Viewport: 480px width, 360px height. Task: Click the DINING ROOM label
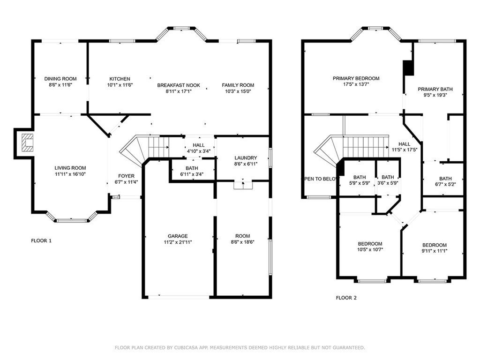(x=60, y=79)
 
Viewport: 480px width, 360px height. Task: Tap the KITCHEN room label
(x=120, y=79)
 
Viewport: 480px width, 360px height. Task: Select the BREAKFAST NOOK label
(x=179, y=85)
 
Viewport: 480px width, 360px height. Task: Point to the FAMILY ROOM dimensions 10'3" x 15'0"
(x=238, y=91)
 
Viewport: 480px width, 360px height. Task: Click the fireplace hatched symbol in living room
(x=27, y=142)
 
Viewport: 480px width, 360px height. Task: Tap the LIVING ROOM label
(x=70, y=168)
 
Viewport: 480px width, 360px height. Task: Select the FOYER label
(x=126, y=176)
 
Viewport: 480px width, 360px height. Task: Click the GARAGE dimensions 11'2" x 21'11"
(x=178, y=242)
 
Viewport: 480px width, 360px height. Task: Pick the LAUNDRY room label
(x=246, y=158)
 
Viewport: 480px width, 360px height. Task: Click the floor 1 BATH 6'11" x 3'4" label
(x=192, y=171)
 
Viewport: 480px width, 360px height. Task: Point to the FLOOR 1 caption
(x=41, y=240)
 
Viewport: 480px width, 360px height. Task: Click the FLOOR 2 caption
(x=346, y=298)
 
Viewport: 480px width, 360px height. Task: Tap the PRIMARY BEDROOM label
(x=356, y=78)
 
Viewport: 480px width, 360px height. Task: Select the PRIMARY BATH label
(x=435, y=89)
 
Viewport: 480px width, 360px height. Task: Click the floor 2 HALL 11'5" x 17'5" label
(x=405, y=147)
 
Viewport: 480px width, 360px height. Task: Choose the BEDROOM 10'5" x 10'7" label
(x=370, y=247)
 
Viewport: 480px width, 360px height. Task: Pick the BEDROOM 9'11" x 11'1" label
(x=435, y=248)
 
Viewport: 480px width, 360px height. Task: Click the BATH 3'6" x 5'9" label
(x=388, y=180)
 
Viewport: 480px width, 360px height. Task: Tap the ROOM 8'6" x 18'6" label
(x=242, y=239)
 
